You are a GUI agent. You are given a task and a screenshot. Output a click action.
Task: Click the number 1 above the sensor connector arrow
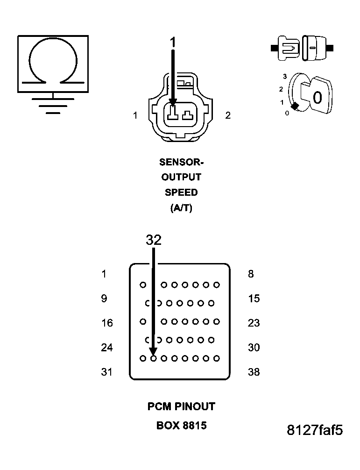pyautogui.click(x=173, y=43)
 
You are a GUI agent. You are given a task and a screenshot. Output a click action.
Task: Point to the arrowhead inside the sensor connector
pyautogui.click(x=173, y=101)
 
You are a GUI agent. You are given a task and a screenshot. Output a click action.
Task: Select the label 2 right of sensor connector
pyautogui.click(x=228, y=115)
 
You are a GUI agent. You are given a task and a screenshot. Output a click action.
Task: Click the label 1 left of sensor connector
pyautogui.click(x=135, y=115)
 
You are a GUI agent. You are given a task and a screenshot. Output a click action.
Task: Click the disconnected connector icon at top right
pyautogui.click(x=302, y=48)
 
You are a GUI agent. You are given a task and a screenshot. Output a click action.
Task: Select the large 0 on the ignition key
pyautogui.click(x=318, y=98)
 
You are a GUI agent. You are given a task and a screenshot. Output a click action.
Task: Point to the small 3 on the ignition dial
pyautogui.click(x=284, y=76)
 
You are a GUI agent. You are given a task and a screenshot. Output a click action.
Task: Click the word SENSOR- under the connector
pyautogui.click(x=182, y=162)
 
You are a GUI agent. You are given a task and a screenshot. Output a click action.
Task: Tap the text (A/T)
pyautogui.click(x=182, y=208)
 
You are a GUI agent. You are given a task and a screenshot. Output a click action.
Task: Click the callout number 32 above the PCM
pyautogui.click(x=154, y=240)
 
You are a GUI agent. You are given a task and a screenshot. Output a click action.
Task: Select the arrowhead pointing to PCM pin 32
pyautogui.click(x=153, y=352)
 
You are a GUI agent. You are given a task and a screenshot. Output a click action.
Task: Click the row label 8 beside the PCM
pyautogui.click(x=251, y=274)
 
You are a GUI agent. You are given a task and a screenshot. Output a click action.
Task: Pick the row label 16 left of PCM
pyautogui.click(x=107, y=323)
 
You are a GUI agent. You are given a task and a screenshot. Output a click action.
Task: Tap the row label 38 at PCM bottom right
pyautogui.click(x=254, y=372)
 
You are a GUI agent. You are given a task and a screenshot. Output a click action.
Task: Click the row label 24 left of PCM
pyautogui.click(x=107, y=348)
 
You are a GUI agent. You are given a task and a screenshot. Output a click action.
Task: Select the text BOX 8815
pyautogui.click(x=182, y=426)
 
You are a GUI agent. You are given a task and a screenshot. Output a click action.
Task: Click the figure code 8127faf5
pyautogui.click(x=315, y=430)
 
